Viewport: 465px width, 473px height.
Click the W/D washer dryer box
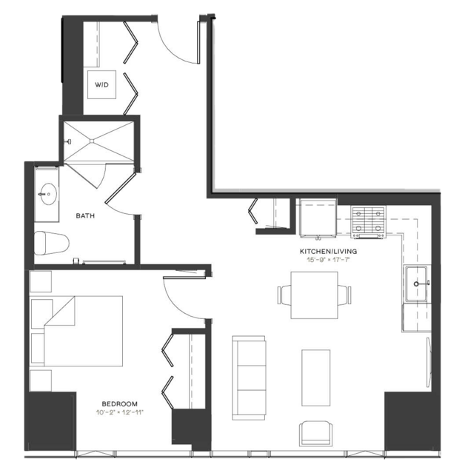point(101,84)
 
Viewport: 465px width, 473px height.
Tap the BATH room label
point(85,215)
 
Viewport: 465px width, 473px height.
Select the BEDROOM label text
point(119,403)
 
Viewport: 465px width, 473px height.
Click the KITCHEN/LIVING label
point(328,251)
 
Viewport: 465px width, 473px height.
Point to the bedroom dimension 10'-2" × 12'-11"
point(119,412)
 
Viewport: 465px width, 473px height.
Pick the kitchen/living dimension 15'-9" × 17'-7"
point(328,259)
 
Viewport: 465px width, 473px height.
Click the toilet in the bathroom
point(52,243)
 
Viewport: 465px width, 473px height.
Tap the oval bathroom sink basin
point(48,194)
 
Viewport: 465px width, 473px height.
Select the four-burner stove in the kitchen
point(369,222)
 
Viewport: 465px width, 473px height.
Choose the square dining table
point(314,295)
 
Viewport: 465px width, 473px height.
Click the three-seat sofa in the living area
point(249,378)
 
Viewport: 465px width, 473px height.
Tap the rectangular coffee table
point(316,378)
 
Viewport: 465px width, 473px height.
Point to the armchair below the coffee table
point(315,434)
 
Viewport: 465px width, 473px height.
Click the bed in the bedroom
point(77,331)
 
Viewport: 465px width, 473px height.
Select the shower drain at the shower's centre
point(92,141)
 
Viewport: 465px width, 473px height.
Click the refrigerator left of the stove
point(318,217)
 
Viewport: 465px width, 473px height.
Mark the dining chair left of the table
point(284,295)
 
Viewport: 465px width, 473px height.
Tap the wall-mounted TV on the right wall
point(429,362)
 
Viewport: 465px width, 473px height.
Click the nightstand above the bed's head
point(41,281)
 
